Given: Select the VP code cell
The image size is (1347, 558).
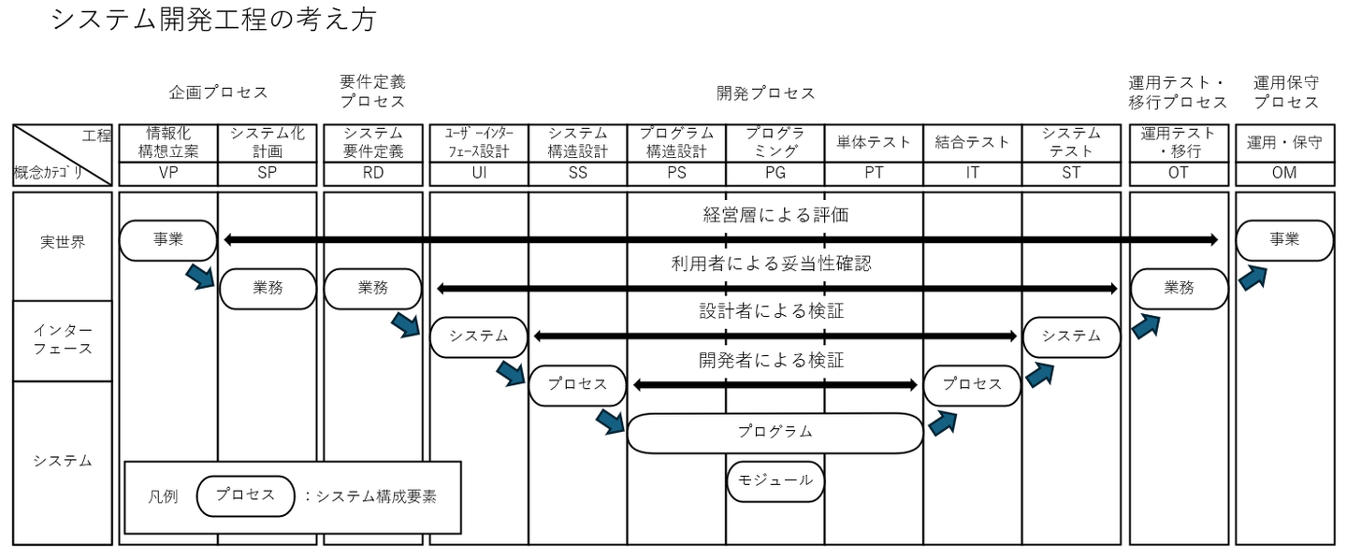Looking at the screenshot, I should [x=168, y=172].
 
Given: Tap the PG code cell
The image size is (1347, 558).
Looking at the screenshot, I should [x=775, y=172].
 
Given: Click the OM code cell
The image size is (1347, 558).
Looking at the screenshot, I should [x=1283, y=172].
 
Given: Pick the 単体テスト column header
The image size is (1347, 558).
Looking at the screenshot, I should [x=874, y=142].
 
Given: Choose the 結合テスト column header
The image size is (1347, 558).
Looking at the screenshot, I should [x=973, y=142].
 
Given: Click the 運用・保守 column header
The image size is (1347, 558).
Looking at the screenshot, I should [x=1283, y=142].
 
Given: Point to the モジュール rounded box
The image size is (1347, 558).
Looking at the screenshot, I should [x=775, y=480].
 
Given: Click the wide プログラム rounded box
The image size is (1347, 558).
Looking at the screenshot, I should [x=775, y=433].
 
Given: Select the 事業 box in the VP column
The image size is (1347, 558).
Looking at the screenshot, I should [x=168, y=240].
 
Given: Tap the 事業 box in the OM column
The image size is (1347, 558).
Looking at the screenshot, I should [x=1284, y=240].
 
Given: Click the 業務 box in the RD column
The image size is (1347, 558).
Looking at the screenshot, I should [x=372, y=289].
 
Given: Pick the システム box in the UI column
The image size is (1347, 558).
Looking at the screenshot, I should [x=479, y=336].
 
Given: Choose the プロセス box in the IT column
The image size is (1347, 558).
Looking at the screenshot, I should [x=972, y=384].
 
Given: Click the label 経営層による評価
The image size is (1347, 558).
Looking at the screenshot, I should [x=775, y=215].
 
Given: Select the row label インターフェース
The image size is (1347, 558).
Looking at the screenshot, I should [x=63, y=339].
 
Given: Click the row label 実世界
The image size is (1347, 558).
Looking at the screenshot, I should [x=63, y=242].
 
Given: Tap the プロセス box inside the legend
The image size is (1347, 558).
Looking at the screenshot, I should [x=245, y=495].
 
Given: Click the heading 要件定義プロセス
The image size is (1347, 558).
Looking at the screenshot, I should [x=372, y=92].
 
